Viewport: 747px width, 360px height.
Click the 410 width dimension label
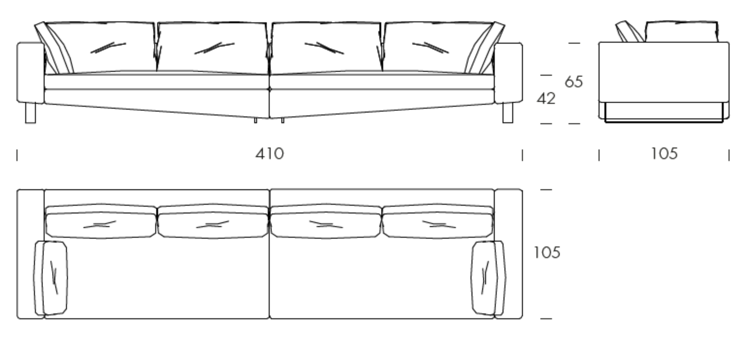click(x=270, y=154)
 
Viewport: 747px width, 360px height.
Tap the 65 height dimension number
click(x=574, y=82)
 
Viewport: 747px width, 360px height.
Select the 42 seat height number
click(x=546, y=98)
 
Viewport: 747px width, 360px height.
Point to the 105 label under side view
click(x=664, y=153)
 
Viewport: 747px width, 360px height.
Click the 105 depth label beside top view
click(x=547, y=253)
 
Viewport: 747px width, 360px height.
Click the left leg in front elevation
click(x=30, y=113)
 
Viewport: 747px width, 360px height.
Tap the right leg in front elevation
click(x=508, y=113)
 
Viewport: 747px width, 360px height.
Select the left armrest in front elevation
click(x=30, y=73)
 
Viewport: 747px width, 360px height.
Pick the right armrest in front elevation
click(x=508, y=73)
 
